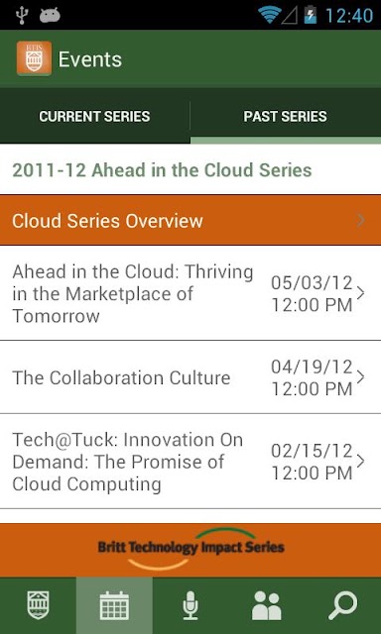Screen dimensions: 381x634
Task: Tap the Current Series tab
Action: pyautogui.click(x=94, y=117)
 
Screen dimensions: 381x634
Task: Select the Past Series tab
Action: pyautogui.click(x=285, y=117)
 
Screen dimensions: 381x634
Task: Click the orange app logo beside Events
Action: pyautogui.click(x=34, y=58)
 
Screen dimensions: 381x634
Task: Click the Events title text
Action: pyautogui.click(x=90, y=59)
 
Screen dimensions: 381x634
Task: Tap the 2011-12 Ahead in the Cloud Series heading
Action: pyautogui.click(x=162, y=169)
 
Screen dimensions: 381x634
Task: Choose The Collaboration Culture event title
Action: pyautogui.click(x=121, y=377)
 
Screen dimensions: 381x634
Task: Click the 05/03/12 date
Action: pyautogui.click(x=312, y=282)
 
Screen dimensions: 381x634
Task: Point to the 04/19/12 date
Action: pyautogui.click(x=312, y=367)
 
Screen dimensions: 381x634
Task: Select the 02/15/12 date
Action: pyautogui.click(x=312, y=451)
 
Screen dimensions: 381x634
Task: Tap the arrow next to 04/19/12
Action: pyautogui.click(x=361, y=377)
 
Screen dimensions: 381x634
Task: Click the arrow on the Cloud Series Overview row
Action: pyautogui.click(x=361, y=220)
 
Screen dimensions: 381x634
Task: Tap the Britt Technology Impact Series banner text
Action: pyautogui.click(x=190, y=548)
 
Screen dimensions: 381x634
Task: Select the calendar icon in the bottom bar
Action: pyautogui.click(x=114, y=605)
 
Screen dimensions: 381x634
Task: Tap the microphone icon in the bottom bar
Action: pyautogui.click(x=190, y=605)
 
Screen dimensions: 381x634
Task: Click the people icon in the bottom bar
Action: pyautogui.click(x=267, y=605)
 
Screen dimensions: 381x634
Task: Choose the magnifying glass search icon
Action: pyautogui.click(x=343, y=605)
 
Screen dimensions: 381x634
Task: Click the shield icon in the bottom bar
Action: pyautogui.click(x=38, y=605)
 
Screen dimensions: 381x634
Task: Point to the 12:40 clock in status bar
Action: pyautogui.click(x=349, y=16)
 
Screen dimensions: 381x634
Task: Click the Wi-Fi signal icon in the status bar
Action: pyautogui.click(x=270, y=15)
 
